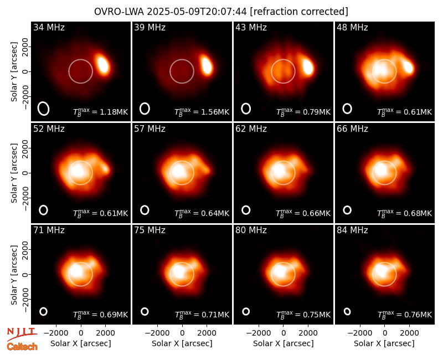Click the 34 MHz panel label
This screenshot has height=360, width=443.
click(x=49, y=27)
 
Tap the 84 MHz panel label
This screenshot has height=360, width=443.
click(x=352, y=230)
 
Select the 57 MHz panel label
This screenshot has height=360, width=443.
click(x=150, y=129)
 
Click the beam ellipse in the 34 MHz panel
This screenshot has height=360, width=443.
click(x=44, y=109)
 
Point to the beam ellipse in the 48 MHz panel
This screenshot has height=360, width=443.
click(x=347, y=109)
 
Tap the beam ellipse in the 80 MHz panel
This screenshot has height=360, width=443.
click(x=246, y=311)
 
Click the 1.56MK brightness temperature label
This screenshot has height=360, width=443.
click(x=202, y=112)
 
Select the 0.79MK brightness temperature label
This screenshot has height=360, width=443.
click(x=303, y=112)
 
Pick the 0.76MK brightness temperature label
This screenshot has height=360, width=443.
click(x=405, y=315)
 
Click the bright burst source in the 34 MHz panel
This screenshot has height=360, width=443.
click(x=103, y=65)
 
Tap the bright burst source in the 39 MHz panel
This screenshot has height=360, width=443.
click(x=207, y=65)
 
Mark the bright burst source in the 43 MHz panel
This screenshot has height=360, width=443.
click(x=308, y=66)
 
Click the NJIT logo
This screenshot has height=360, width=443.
click(x=22, y=334)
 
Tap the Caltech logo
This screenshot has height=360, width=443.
click(x=22, y=347)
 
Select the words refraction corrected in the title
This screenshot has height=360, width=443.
click(x=299, y=12)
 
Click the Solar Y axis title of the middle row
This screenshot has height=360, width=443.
click(x=14, y=173)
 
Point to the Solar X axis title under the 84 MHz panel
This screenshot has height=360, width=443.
click(x=384, y=343)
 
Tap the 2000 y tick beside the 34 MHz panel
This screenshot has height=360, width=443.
click(x=25, y=47)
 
